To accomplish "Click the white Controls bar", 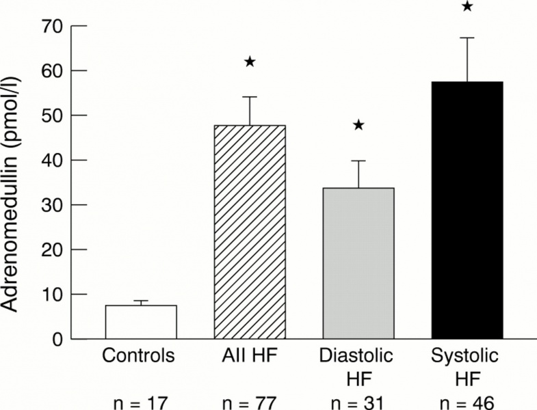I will pos(141,322).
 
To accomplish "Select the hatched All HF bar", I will pos(250,232).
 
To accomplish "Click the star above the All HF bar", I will pos(250,62).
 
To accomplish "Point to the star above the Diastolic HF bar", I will pos(358,125).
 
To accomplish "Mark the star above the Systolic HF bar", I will pos(467,7).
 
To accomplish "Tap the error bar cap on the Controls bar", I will pos(141,301).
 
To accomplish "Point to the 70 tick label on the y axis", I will pos(52,27).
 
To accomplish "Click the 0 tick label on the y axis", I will pos(57,340).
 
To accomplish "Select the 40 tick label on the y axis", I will pos(52,161).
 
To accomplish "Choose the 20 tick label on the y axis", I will pos(52,250).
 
